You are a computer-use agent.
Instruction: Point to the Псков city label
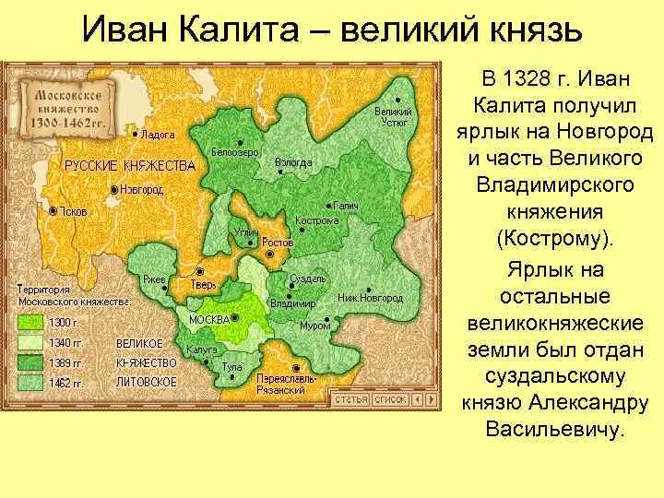tap(74, 211)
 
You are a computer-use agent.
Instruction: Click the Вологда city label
tap(294, 162)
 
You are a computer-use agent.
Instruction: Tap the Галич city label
tap(346, 205)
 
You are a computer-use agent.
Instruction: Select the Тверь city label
tap(204, 285)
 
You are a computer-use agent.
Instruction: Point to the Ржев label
tap(153, 279)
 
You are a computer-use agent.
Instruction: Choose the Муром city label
tap(316, 326)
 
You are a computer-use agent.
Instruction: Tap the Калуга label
tap(202, 350)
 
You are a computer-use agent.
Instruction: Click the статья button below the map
tap(350, 399)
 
